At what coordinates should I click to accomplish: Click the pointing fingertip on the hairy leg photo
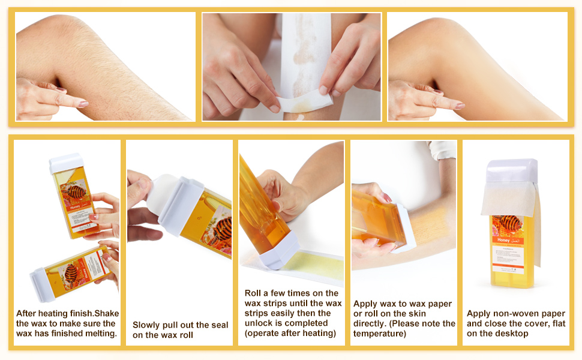coord(84,103)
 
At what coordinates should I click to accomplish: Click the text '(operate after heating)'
coord(290,333)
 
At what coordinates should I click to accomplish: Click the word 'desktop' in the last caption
coord(512,334)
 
